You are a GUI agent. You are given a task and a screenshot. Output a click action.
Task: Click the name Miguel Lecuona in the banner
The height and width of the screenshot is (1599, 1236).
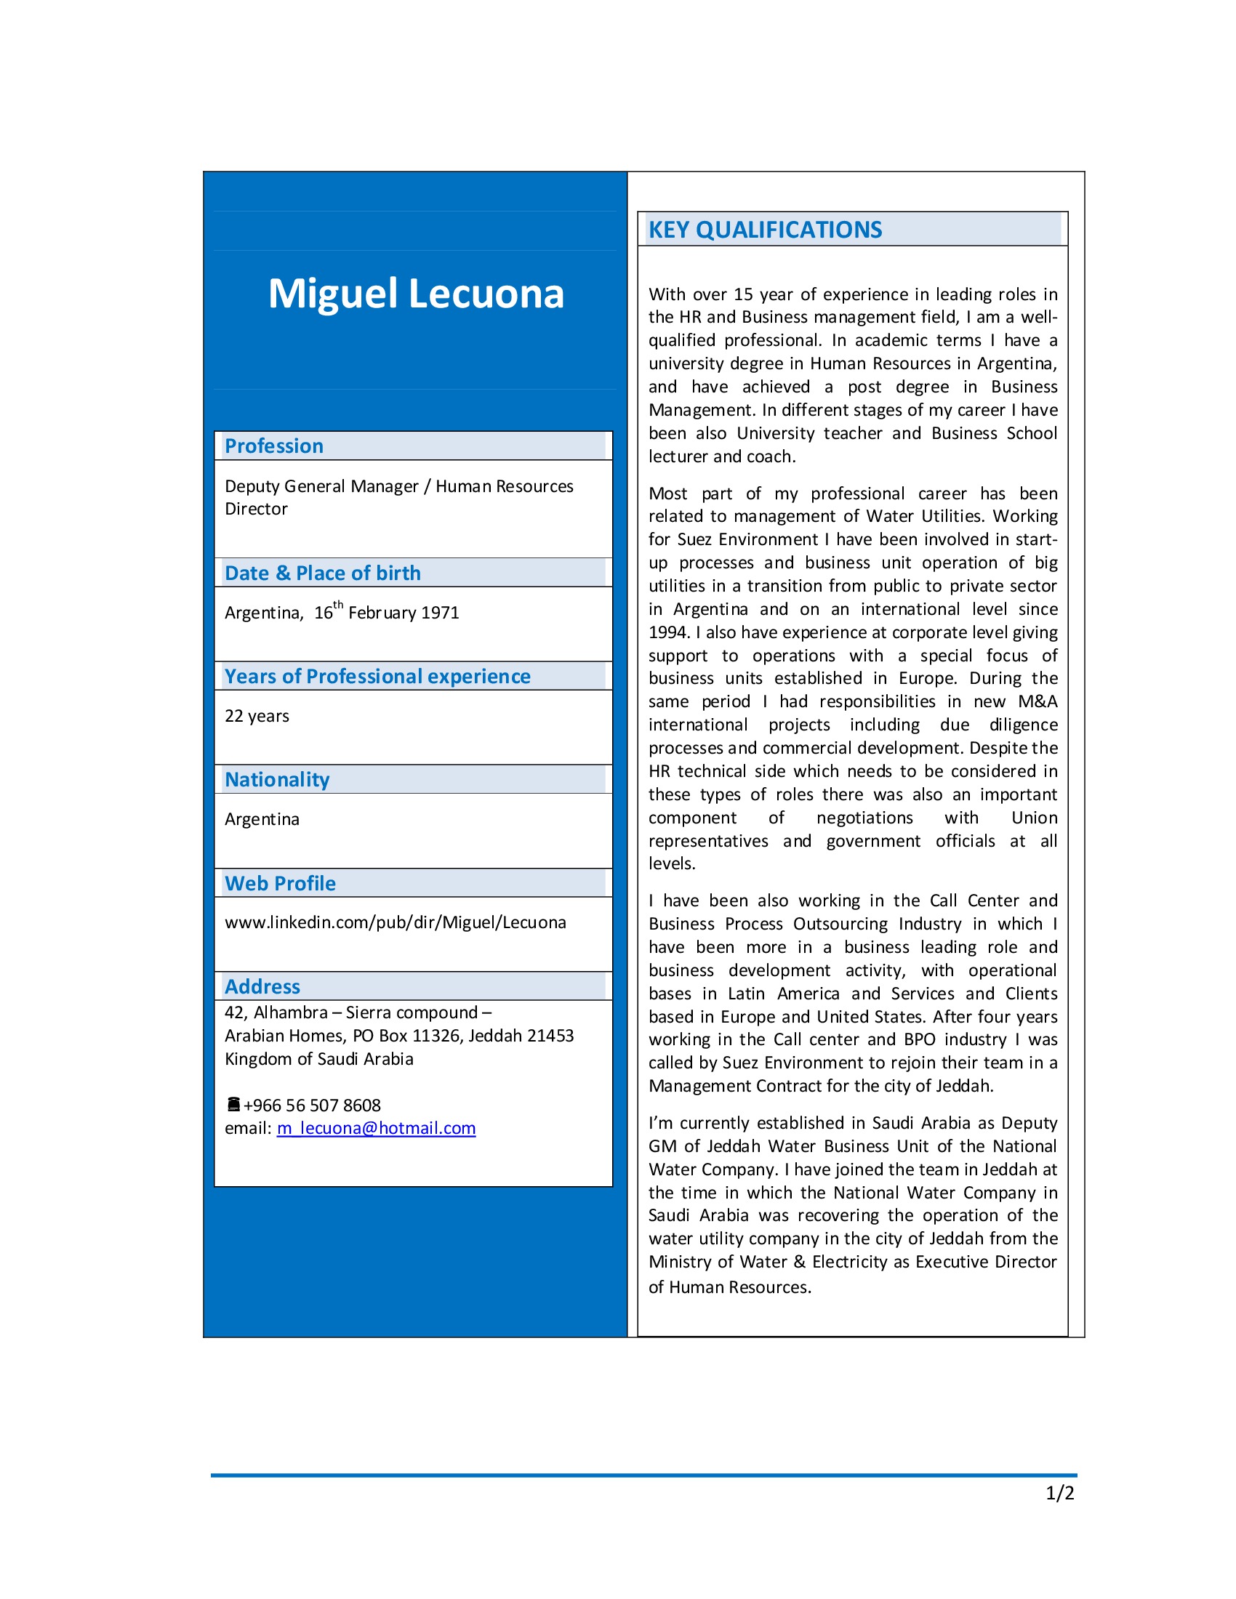[x=415, y=294]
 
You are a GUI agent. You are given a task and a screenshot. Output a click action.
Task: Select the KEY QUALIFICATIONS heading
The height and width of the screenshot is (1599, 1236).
[x=764, y=230]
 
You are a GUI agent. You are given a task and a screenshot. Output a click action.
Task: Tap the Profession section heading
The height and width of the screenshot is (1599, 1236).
[x=274, y=446]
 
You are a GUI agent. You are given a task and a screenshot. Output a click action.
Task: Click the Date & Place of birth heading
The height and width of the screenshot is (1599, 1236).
[x=322, y=573]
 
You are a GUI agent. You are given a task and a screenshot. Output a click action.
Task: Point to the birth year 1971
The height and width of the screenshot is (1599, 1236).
[x=439, y=613]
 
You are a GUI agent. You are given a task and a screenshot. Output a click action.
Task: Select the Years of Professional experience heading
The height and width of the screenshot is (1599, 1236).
[x=377, y=676]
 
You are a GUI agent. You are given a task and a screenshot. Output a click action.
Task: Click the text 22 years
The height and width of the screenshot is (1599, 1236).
[x=256, y=716]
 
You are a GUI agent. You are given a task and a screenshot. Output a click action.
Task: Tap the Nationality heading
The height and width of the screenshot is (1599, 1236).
[x=277, y=779]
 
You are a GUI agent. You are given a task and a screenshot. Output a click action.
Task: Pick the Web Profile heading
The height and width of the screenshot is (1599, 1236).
[x=280, y=883]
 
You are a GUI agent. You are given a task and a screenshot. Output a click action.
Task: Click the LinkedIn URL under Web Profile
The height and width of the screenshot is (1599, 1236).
[x=395, y=922]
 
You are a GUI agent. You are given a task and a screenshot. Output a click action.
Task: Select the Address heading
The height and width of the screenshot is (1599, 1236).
[x=262, y=986]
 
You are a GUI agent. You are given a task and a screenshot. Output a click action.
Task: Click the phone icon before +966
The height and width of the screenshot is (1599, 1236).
[x=233, y=1104]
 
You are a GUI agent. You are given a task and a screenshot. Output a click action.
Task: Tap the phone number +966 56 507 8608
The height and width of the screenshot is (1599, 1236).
[x=312, y=1105]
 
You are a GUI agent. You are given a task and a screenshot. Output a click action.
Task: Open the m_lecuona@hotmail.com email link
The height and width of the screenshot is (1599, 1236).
[x=376, y=1128]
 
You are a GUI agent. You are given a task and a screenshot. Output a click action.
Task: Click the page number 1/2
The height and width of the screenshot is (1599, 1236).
[x=1059, y=1494]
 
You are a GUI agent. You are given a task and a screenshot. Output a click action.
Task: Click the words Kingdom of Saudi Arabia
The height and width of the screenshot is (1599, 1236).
[x=318, y=1059]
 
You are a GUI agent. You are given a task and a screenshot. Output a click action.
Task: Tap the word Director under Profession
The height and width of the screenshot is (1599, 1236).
[x=255, y=509]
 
